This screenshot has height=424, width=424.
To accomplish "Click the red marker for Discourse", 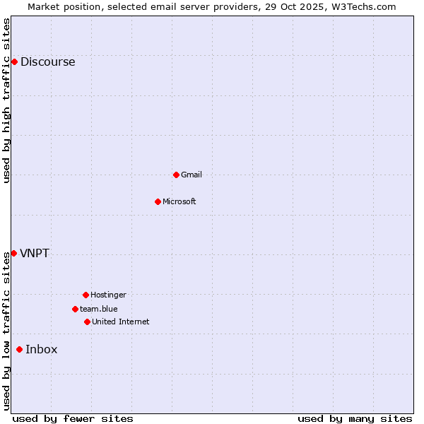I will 14,61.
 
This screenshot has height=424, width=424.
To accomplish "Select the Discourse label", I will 47,61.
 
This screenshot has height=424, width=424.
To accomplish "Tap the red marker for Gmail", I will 176,175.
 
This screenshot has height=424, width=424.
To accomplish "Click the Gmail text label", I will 192,175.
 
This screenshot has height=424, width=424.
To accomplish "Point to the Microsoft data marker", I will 158,201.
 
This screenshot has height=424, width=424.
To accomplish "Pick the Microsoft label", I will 179,201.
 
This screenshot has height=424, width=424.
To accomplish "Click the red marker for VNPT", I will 13,253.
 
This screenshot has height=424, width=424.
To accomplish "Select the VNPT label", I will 35,253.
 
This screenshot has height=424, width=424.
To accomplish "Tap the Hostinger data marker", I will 86,295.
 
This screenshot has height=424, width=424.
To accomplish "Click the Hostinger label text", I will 108,295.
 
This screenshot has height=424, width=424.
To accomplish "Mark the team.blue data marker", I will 75,309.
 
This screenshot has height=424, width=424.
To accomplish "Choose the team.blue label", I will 99,309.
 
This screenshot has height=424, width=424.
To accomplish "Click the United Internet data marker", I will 87,322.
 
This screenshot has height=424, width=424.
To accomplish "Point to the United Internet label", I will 121,322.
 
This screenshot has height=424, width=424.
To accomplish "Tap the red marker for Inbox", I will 19,349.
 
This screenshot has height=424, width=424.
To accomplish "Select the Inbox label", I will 42,349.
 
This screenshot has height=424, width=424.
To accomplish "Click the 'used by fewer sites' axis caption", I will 73,418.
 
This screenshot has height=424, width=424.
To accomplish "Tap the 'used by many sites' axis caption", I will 355,418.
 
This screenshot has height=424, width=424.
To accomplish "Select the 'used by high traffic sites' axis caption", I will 6,100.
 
